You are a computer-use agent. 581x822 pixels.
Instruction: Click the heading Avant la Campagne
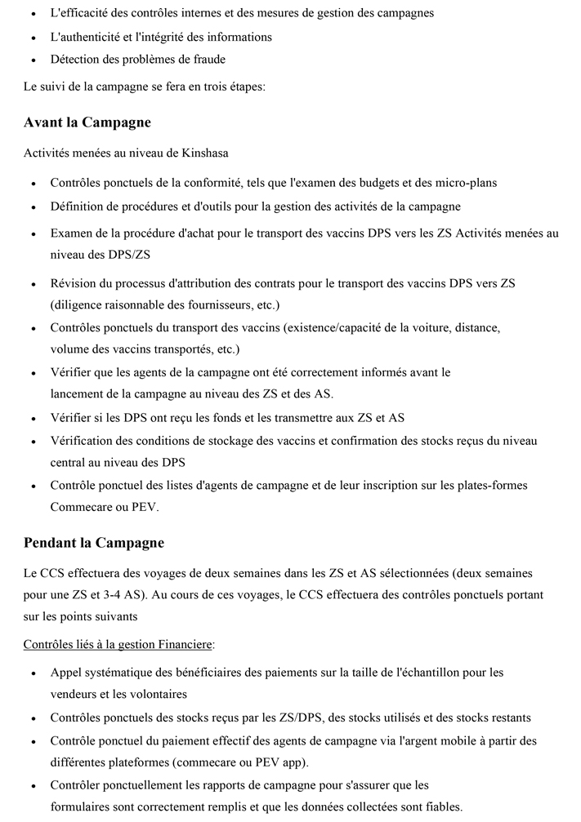(x=87, y=123)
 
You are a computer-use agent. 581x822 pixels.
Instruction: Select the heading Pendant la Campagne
(x=94, y=543)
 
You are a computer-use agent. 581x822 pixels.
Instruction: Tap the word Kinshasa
(x=204, y=153)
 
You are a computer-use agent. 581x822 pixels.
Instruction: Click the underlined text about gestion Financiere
(x=118, y=645)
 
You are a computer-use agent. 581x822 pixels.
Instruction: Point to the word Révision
(x=75, y=283)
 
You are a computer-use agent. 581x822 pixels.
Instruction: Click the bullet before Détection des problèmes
(x=32, y=60)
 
